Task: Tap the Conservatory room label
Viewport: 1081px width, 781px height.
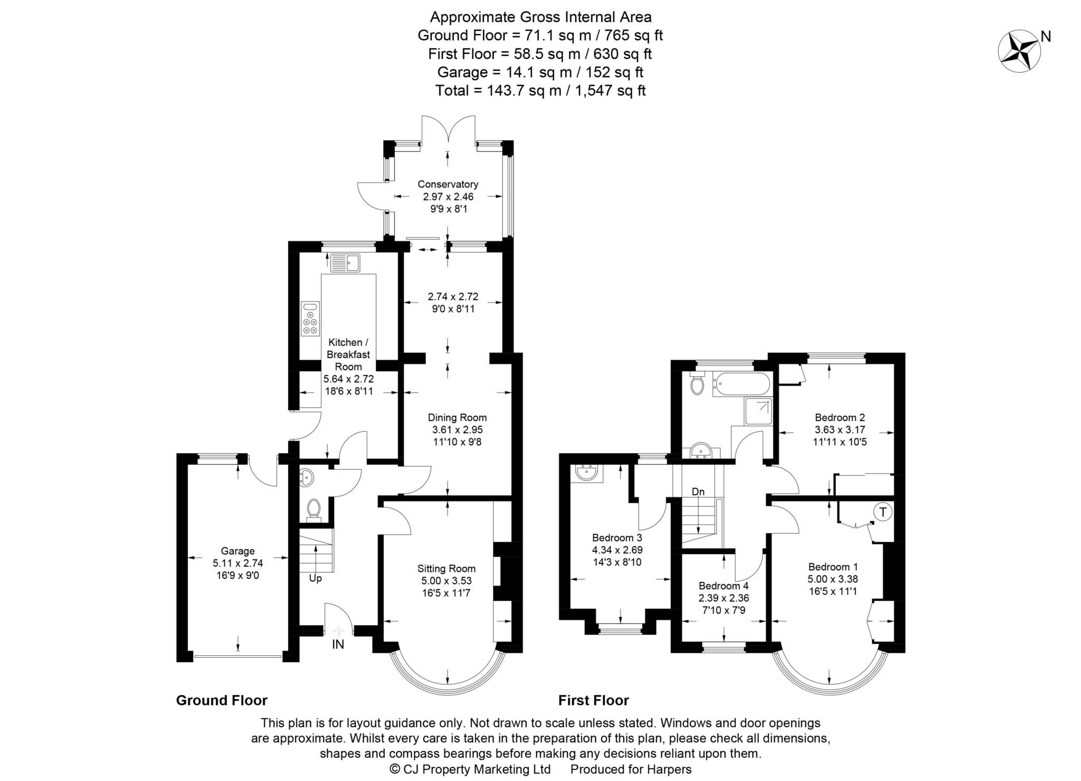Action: [448, 184]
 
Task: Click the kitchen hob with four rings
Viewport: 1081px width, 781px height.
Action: [310, 319]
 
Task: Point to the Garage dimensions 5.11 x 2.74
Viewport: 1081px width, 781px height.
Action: [238, 563]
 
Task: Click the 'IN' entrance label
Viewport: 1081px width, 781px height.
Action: [338, 644]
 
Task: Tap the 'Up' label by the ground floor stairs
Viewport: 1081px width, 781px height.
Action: [315, 578]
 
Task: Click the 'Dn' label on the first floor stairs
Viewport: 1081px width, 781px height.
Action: [698, 492]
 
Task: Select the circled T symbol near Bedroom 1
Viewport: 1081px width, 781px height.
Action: [884, 511]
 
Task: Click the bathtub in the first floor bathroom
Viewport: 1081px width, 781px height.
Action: [741, 384]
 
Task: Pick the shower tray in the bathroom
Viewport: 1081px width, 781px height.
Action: [758, 412]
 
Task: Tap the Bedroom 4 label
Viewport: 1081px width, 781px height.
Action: [723, 586]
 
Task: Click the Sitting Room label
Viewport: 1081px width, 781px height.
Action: [446, 568]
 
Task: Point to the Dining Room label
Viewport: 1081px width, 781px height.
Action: [457, 417]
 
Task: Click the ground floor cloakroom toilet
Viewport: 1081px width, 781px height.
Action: [314, 509]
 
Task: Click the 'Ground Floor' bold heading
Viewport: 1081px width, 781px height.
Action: [221, 700]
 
